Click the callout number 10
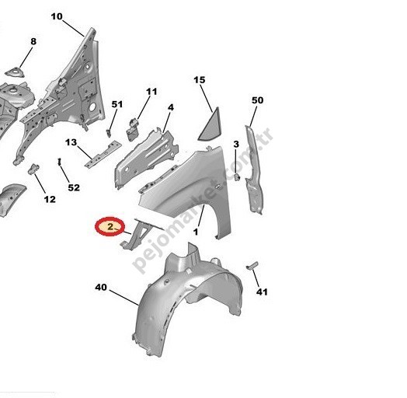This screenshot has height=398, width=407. pos(57,16)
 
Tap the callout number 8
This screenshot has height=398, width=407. pos(33,41)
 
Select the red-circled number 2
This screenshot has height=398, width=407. pos(110,226)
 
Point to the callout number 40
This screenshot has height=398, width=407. pos(101,287)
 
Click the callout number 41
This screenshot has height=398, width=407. pos(262,292)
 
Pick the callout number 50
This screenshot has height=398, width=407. pos(258,100)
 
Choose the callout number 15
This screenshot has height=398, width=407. pos(200,80)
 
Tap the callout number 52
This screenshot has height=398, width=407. pos(74,187)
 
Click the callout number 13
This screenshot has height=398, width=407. pos(71,142)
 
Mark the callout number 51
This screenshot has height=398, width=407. pos(117,104)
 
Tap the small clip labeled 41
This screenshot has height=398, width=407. pos(252,266)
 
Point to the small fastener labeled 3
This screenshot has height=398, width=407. pos(237,177)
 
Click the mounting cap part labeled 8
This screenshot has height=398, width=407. pos(16,72)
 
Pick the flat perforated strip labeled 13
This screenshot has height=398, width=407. pos(103,155)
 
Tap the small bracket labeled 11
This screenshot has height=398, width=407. pos(133,129)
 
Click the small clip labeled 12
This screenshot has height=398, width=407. pos(33,169)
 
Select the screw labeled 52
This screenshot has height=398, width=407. pos(60,162)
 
